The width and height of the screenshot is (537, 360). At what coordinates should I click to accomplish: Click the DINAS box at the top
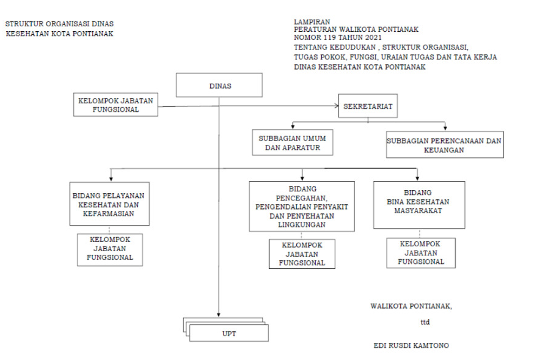click(x=219, y=85)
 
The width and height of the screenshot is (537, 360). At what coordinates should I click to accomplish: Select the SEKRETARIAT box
click(x=368, y=106)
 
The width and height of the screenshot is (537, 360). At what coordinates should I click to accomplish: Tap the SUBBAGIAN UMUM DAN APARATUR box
click(x=293, y=142)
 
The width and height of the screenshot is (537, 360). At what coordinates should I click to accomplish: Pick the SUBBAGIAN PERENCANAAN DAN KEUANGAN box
click(x=445, y=144)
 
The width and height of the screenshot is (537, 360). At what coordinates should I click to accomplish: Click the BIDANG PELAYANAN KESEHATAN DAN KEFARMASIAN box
click(x=109, y=204)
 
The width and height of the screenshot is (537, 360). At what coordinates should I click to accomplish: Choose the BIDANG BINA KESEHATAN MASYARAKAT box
click(x=419, y=205)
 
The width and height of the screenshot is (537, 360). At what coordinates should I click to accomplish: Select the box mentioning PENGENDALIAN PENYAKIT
click(x=302, y=207)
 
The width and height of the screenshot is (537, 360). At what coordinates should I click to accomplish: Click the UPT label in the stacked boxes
click(x=229, y=334)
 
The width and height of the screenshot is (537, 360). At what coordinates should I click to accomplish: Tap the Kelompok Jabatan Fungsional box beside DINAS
click(x=115, y=105)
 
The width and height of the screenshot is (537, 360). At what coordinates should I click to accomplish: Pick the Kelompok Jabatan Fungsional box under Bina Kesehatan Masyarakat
click(x=421, y=253)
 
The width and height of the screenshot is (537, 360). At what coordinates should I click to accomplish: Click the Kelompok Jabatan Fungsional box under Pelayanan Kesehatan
click(x=110, y=250)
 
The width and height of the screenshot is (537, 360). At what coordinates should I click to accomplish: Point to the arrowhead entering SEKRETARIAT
click(x=336, y=106)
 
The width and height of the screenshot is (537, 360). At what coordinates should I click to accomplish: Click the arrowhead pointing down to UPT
click(x=219, y=314)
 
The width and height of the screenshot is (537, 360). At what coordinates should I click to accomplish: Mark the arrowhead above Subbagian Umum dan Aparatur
click(x=293, y=127)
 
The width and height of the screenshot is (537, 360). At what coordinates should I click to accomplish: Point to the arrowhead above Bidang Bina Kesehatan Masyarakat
click(x=417, y=178)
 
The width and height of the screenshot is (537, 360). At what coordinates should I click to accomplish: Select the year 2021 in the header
click(x=373, y=38)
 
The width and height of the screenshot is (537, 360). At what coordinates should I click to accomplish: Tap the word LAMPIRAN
click(x=312, y=22)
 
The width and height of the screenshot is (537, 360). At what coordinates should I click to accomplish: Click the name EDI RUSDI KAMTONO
click(x=411, y=345)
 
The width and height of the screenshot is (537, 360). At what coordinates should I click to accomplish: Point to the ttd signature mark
click(x=425, y=322)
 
